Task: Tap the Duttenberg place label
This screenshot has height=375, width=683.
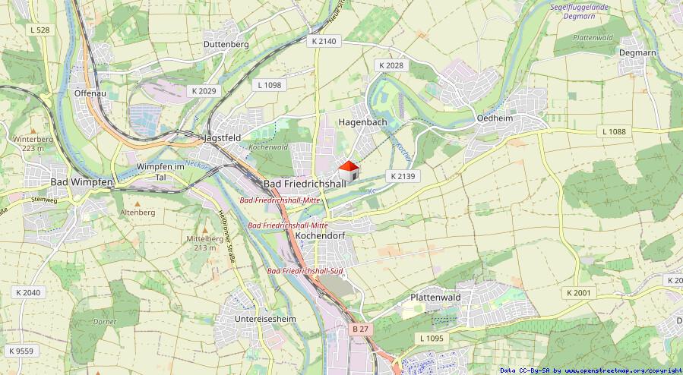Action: point(226,44)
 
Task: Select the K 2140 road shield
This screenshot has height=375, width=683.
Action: point(323,42)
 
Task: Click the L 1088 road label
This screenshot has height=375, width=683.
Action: point(613,131)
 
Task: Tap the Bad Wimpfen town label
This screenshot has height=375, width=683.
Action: point(81,182)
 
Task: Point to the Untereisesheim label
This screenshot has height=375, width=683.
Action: point(265,318)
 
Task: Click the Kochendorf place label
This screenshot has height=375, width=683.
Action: point(320,236)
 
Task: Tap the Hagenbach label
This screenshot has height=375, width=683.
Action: point(362,121)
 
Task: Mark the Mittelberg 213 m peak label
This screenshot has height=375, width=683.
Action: point(205,243)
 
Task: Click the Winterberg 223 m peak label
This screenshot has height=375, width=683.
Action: point(33,143)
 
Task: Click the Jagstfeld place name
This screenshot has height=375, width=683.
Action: point(222,138)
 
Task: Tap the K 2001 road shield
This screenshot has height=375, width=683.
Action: point(578,292)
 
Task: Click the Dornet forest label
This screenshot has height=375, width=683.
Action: point(105,321)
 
